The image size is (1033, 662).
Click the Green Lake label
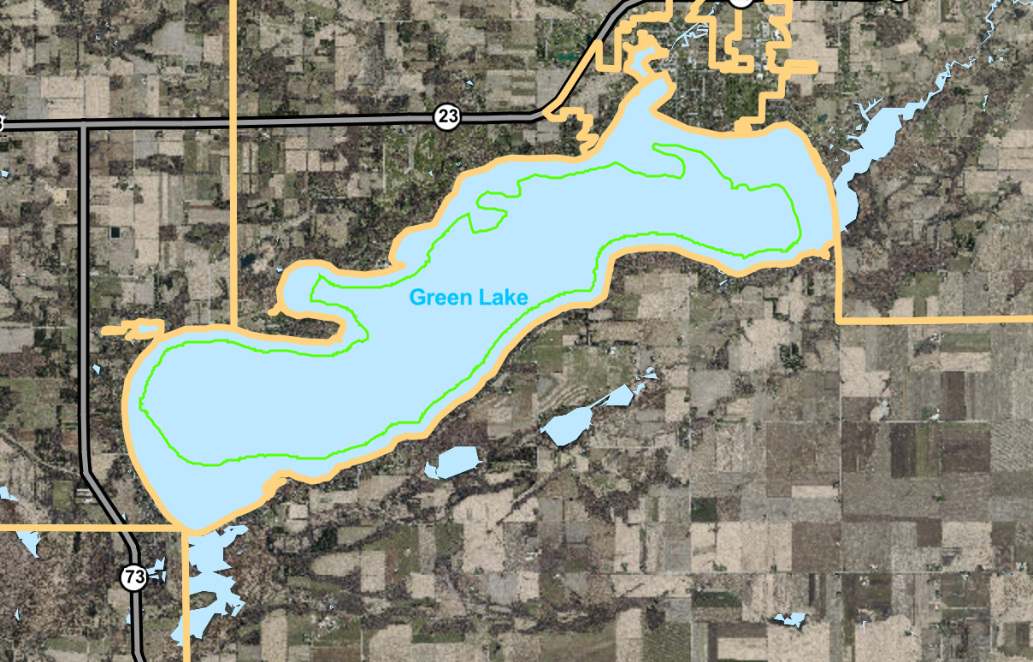pyautogui.click(x=469, y=298)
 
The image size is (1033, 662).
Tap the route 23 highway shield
pyautogui.click(x=447, y=116)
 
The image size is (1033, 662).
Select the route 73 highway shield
pyautogui.click(x=133, y=578)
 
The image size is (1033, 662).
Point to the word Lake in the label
pyautogui.click(x=506, y=298)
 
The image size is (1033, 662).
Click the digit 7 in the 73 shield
pyautogui.click(x=129, y=578)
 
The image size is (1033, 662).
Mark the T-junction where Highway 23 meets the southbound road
pyautogui.click(x=84, y=125)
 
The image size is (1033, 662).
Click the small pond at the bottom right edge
pyautogui.click(x=788, y=620)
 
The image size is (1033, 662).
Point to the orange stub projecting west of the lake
pyautogui.click(x=128, y=328)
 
